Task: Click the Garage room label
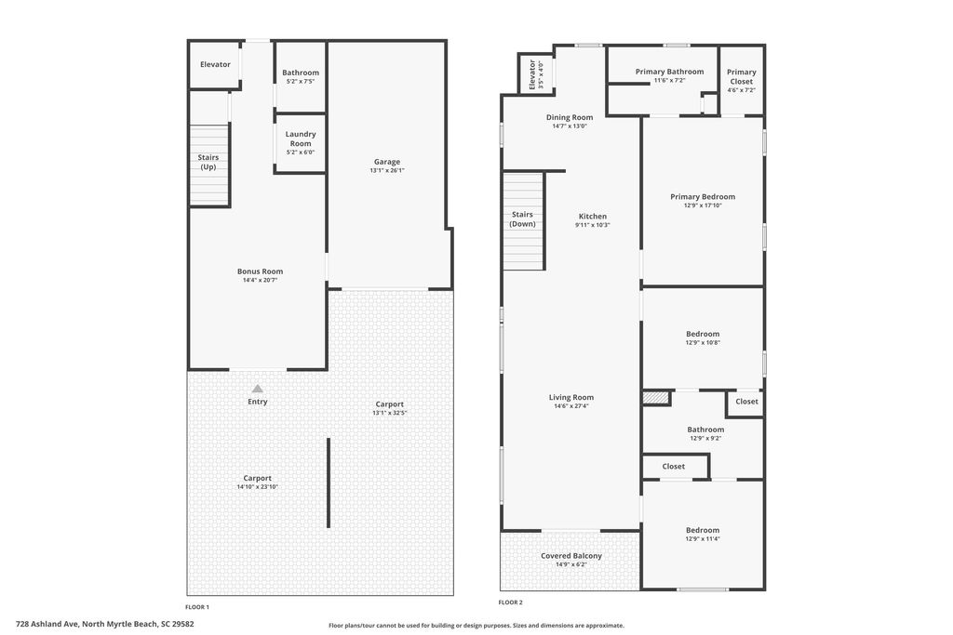386,162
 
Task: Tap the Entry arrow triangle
258,389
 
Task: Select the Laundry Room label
301,139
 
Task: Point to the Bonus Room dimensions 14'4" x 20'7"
261,281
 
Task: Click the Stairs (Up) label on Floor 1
208,162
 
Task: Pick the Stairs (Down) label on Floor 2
522,219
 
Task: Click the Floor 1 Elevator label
215,64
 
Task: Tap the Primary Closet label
742,76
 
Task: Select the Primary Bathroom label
670,72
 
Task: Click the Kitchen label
593,216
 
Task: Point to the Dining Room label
570,117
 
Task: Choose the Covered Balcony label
571,555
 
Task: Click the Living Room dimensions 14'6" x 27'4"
571,406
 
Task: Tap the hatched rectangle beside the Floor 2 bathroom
656,398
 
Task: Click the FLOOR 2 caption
511,602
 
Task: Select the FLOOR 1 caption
197,606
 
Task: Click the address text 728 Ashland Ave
47,624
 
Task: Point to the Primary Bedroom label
703,197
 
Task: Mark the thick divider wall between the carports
329,483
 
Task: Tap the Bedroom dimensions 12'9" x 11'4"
703,538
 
